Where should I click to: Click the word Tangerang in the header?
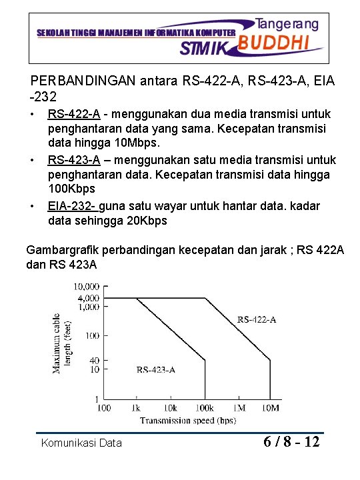click(x=288, y=23)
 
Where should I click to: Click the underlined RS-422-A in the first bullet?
click(x=74, y=114)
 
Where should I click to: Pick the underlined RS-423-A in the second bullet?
click(x=74, y=159)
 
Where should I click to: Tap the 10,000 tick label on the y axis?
click(x=85, y=286)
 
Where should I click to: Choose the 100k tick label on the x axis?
click(x=205, y=407)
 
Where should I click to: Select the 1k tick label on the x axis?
click(x=136, y=407)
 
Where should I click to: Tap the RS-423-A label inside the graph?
click(x=155, y=369)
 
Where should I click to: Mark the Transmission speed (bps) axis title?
click(x=188, y=420)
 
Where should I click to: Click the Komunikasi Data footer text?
click(x=81, y=443)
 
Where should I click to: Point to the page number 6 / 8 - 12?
click(x=292, y=441)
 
